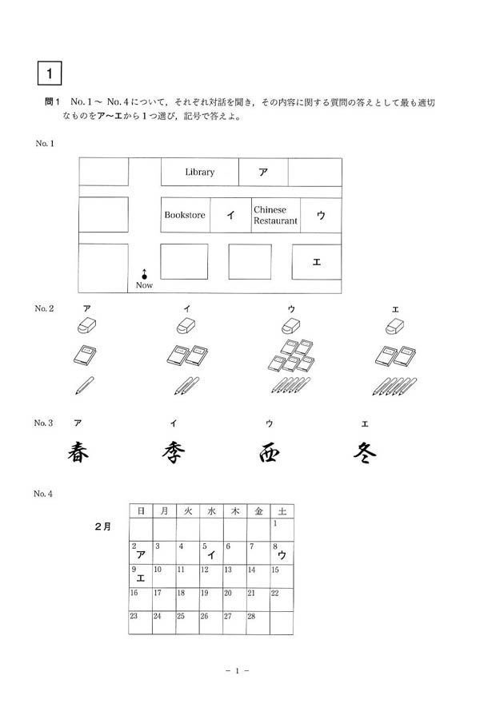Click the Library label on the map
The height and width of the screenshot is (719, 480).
(x=200, y=172)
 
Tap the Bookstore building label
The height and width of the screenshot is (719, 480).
(x=185, y=215)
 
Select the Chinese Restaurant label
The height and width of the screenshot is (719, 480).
(x=275, y=215)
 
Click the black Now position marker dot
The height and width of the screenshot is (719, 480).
(x=144, y=276)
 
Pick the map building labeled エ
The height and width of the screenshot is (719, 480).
(x=317, y=262)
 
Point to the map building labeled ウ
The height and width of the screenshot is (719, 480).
(x=321, y=215)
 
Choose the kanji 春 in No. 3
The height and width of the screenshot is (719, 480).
(x=78, y=453)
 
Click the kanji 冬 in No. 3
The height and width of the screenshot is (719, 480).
(x=365, y=453)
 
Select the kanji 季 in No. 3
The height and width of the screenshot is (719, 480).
(x=174, y=453)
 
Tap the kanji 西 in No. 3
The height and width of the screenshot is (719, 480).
(x=269, y=454)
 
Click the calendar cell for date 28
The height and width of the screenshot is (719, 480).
(x=258, y=622)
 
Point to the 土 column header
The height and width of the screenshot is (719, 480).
(x=282, y=510)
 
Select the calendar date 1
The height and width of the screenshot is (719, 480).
(x=275, y=523)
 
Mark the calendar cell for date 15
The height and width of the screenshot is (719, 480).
(x=282, y=576)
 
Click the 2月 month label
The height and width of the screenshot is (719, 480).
(x=103, y=526)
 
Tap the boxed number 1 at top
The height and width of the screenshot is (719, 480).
(x=49, y=73)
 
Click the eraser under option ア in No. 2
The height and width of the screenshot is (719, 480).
(x=86, y=326)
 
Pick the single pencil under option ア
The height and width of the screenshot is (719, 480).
(x=85, y=386)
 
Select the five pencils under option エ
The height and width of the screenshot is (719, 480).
(x=395, y=387)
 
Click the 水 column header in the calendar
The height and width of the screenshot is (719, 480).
(x=211, y=510)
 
